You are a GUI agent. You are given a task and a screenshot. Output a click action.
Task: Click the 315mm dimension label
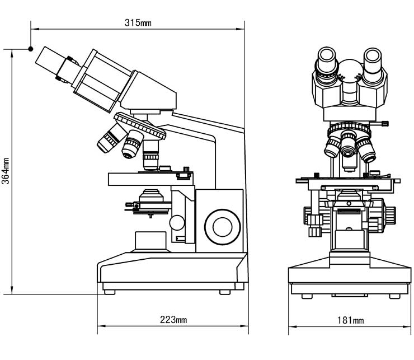point(138,23)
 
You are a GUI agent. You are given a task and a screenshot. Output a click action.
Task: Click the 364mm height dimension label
point(6,171)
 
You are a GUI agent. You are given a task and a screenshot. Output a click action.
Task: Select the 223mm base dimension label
point(173,320)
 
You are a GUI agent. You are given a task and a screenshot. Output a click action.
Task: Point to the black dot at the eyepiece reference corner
point(31,49)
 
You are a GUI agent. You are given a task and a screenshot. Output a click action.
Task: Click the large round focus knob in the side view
point(222,227)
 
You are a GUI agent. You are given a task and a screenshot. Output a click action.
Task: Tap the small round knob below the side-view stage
point(177,222)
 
